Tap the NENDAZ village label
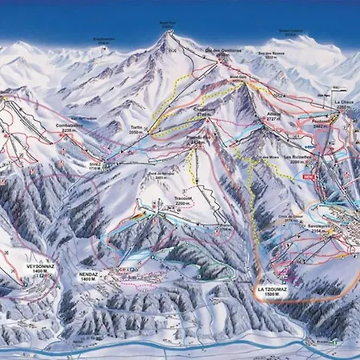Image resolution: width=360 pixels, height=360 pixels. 90,270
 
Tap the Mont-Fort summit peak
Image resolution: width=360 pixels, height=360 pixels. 167,34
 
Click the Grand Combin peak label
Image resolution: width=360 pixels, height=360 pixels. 292,34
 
